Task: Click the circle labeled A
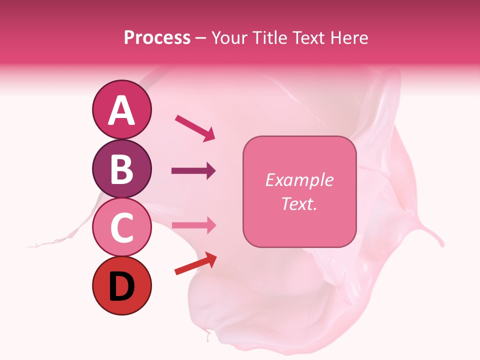tap(121, 109)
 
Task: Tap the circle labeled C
tap(121, 227)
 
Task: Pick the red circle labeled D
tap(121, 286)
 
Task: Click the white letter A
tap(121, 110)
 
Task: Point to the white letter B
tap(121, 169)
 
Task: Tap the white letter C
tap(121, 228)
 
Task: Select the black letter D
tap(121, 287)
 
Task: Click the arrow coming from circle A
tap(194, 127)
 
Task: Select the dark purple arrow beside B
tap(193, 171)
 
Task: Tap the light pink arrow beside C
tap(193, 225)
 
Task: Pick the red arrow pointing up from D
tap(195, 263)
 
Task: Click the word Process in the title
tap(157, 37)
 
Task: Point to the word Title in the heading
tap(270, 37)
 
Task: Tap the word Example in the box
tap(299, 180)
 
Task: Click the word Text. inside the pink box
tap(299, 203)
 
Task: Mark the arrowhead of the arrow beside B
tap(211, 171)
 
